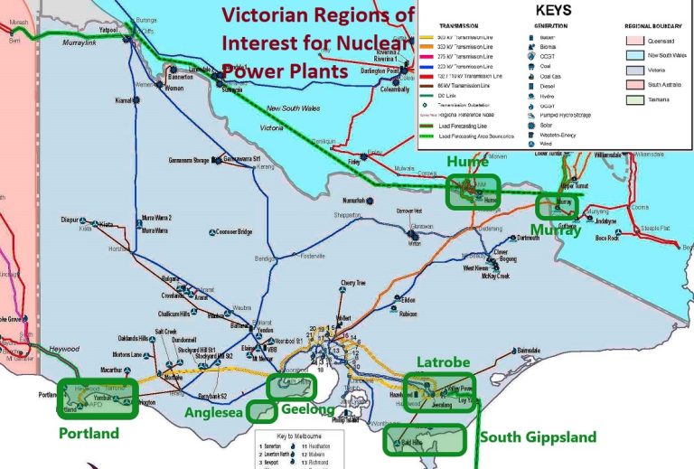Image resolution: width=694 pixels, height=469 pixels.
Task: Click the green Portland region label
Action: click(89, 434)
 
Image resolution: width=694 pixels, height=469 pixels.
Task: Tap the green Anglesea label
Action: click(214, 413)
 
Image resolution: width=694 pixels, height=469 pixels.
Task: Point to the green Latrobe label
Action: click(443, 362)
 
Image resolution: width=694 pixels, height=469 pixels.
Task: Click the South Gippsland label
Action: click(538, 437)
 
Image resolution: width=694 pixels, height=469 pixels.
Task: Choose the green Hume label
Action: click(466, 162)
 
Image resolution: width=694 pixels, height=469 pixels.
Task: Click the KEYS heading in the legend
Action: click(555, 12)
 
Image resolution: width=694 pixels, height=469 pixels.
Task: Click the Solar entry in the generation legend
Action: click(529, 123)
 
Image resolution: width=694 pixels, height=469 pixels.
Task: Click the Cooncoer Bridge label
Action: click(233, 232)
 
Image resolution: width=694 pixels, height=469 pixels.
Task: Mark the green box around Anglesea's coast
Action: click(262, 412)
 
